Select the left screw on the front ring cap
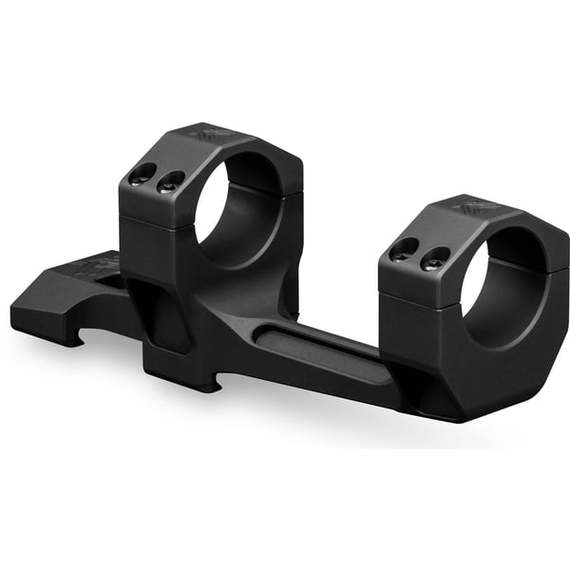404,249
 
